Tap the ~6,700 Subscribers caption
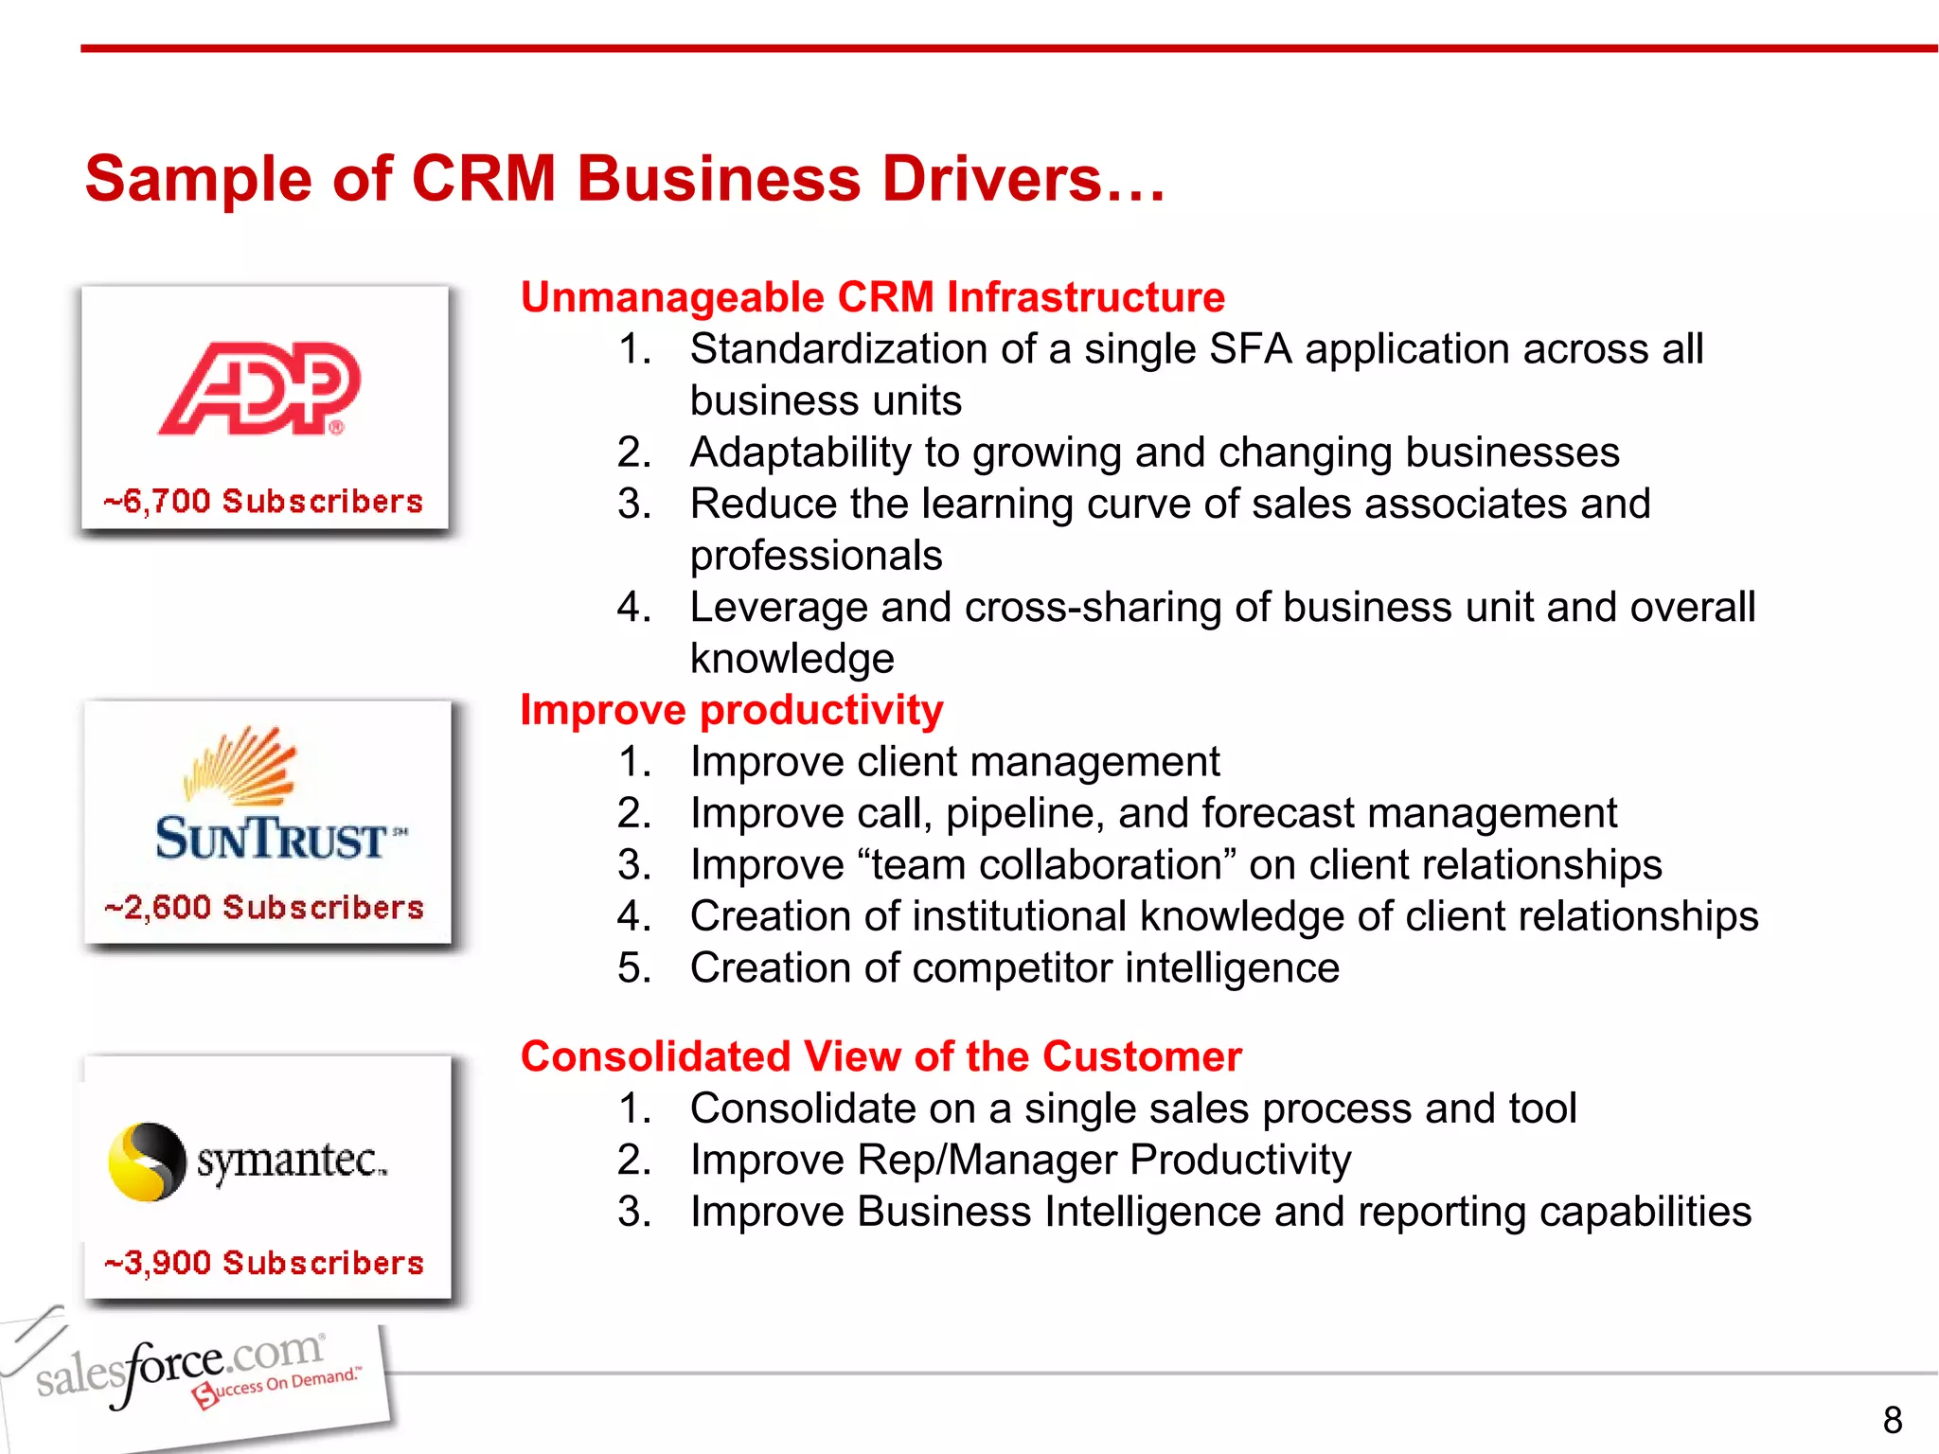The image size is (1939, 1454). pyautogui.click(x=263, y=501)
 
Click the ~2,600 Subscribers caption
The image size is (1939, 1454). pyautogui.click(x=264, y=907)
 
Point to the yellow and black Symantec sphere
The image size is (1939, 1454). pyautogui.click(x=147, y=1161)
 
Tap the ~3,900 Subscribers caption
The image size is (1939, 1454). pyautogui.click(x=264, y=1263)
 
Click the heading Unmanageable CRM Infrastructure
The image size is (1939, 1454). pyautogui.click(x=872, y=297)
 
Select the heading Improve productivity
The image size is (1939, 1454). pyautogui.click(x=731, y=710)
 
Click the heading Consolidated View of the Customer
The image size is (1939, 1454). pyautogui.click(x=881, y=1056)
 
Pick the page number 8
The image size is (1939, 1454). pyautogui.click(x=1892, y=1420)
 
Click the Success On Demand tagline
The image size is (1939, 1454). pyautogui.click(x=278, y=1386)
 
